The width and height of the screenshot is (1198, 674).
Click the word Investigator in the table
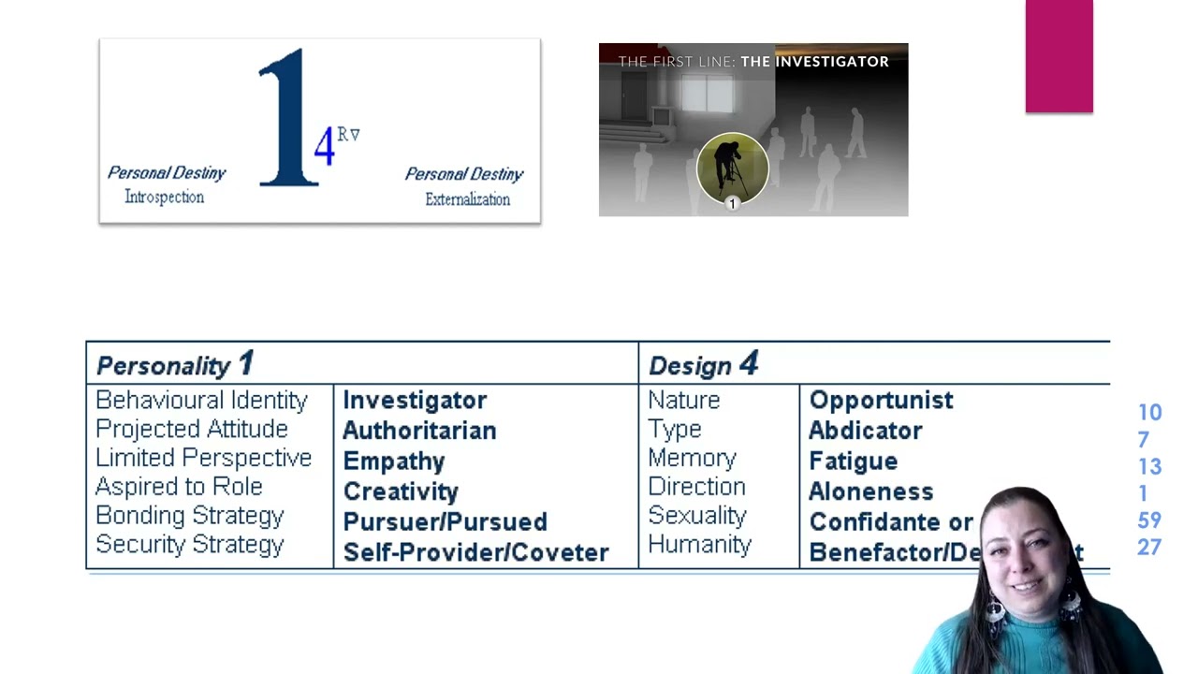(415, 401)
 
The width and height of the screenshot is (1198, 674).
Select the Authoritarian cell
(419, 431)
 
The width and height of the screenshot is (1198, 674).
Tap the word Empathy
(394, 462)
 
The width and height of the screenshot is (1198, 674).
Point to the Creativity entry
(401, 491)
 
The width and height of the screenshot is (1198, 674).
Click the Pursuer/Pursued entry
(445, 521)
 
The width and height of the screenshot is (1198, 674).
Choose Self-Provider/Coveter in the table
(475, 552)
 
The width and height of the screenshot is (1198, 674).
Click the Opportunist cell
(881, 401)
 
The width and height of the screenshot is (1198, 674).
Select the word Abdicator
(865, 431)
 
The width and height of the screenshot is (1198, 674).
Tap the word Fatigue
(853, 462)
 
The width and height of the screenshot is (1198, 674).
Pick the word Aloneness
(870, 491)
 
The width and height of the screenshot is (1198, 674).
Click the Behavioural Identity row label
(201, 401)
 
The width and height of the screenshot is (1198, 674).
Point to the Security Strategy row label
(189, 545)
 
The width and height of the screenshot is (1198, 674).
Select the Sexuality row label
(696, 516)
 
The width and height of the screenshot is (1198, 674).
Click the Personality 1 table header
(174, 364)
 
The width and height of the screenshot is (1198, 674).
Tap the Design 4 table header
(703, 365)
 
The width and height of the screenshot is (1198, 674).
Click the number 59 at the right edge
(1149, 520)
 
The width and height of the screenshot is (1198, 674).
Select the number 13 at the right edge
(1149, 466)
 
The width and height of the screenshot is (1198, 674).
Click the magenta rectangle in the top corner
(1059, 56)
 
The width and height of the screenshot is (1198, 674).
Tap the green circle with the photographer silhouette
(732, 168)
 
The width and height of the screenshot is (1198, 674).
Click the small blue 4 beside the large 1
(324, 146)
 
